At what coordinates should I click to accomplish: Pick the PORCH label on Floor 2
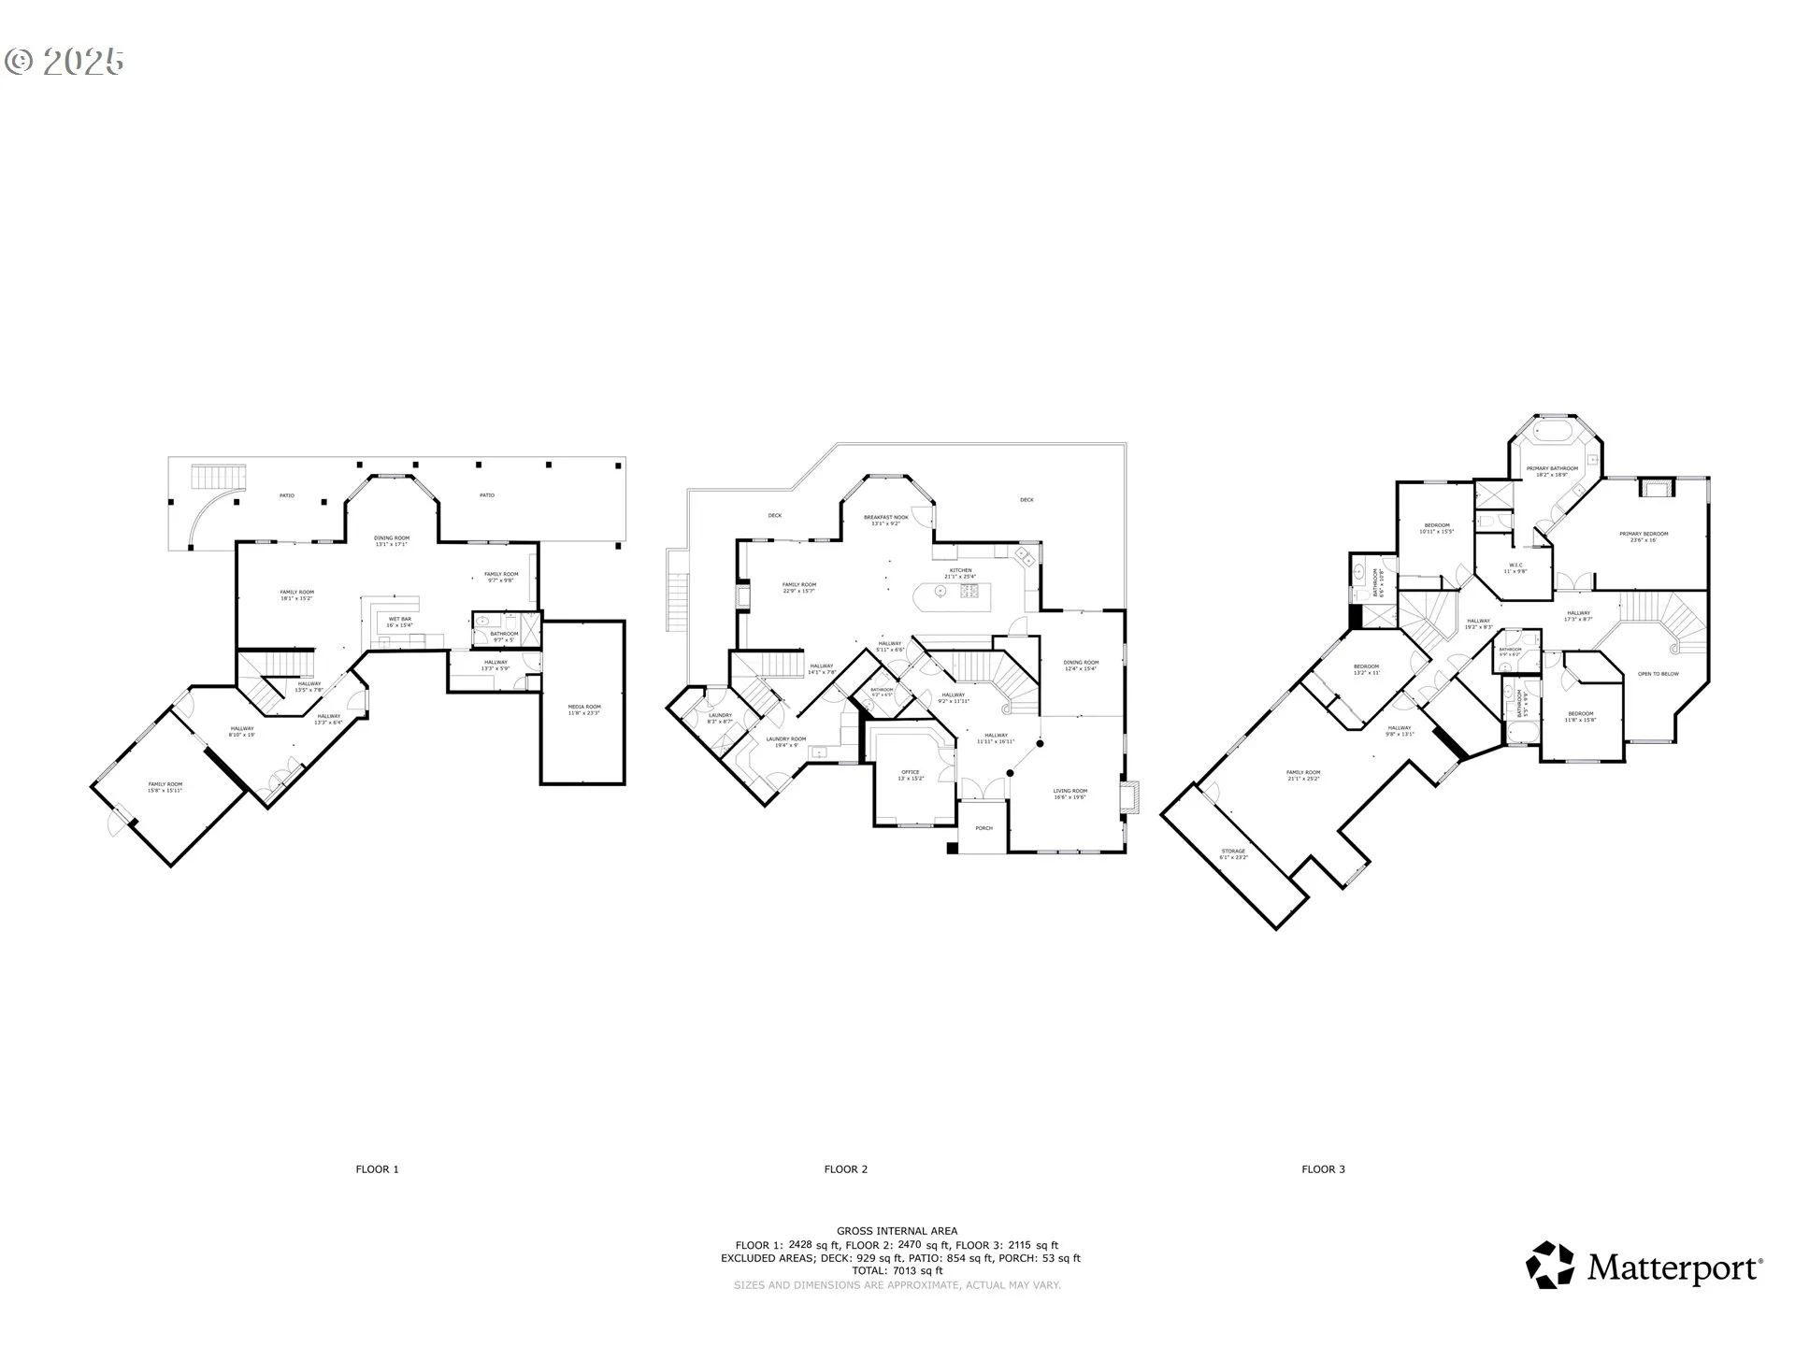coord(984,828)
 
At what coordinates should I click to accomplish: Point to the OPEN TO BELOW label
coord(1659,674)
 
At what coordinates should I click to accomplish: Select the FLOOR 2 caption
coord(845,1169)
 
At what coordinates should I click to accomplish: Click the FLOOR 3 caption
coord(1323,1169)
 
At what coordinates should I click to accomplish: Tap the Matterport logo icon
coord(1550,1266)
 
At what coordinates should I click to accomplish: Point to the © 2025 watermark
coord(65,62)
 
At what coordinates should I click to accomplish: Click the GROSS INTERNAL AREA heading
coord(897,1231)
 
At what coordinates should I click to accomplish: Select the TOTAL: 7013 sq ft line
coord(897,1271)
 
